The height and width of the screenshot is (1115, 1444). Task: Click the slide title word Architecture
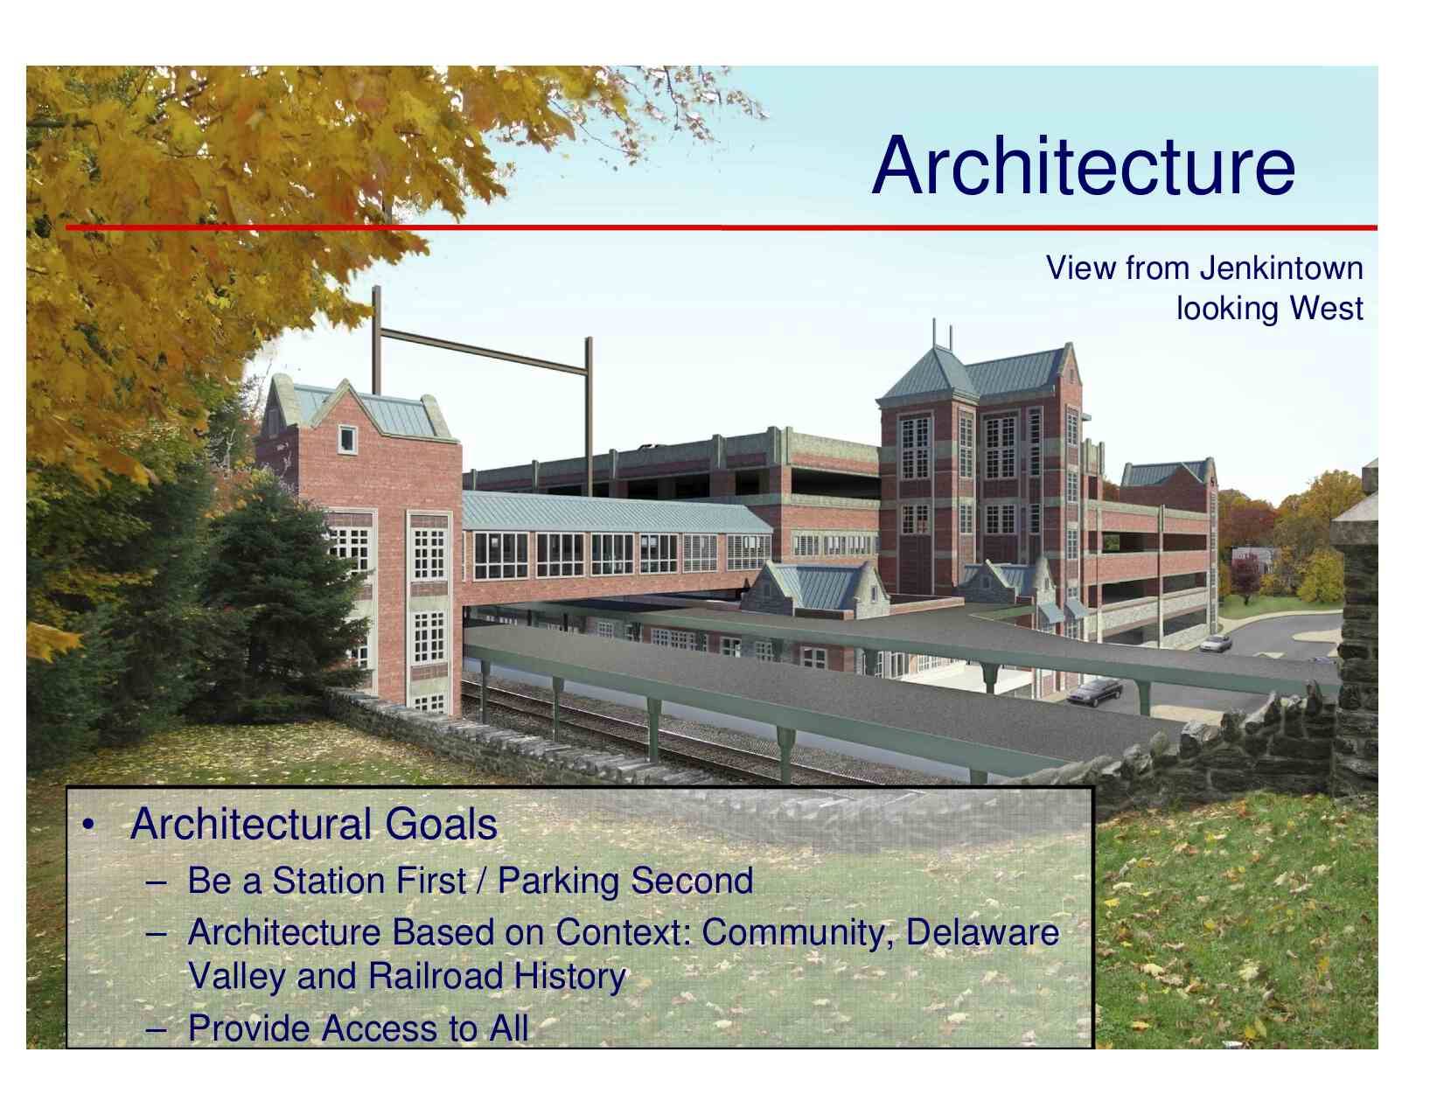pyautogui.click(x=1083, y=165)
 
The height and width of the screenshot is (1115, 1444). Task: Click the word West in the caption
pyautogui.click(x=1327, y=309)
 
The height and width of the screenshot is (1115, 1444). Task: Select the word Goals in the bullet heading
pyautogui.click(x=441, y=824)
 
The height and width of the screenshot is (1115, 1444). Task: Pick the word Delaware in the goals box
pyautogui.click(x=982, y=932)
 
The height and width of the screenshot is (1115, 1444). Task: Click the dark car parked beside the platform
pyautogui.click(x=1094, y=692)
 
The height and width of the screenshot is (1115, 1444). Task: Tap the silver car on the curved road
pyautogui.click(x=1216, y=643)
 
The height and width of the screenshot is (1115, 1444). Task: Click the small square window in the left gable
pyautogui.click(x=347, y=439)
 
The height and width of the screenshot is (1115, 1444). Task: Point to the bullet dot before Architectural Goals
pyautogui.click(x=87, y=826)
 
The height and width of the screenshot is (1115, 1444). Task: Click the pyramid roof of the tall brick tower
pyautogui.click(x=929, y=375)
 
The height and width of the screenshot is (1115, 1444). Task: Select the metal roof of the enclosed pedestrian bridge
pyautogui.click(x=615, y=512)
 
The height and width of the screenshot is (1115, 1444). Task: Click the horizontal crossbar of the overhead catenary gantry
pyautogui.click(x=484, y=351)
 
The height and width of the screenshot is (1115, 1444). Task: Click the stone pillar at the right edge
pyautogui.click(x=1356, y=631)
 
